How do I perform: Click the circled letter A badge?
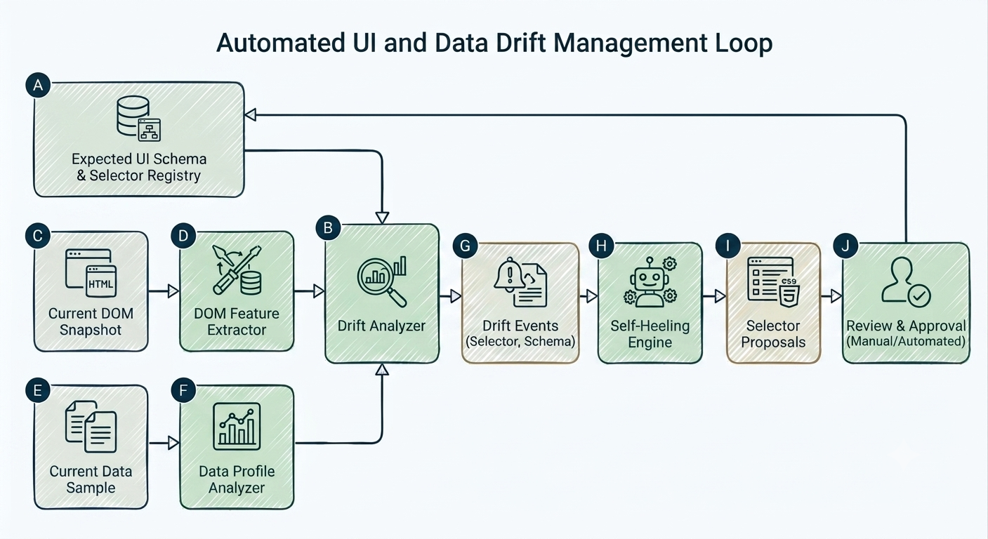[x=38, y=85]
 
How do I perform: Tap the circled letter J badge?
[x=845, y=246]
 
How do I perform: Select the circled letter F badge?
[x=183, y=390]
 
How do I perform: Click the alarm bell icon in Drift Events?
[x=510, y=274]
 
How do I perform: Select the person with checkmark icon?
[x=906, y=282]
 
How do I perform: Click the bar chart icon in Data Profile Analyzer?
[x=237, y=426]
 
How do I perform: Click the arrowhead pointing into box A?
[x=251, y=115]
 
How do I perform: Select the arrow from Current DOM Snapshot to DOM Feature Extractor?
[x=164, y=291]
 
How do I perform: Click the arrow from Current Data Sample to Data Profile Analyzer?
[x=164, y=442]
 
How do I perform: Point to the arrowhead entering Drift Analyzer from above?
[x=382, y=218]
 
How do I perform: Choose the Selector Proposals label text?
[x=773, y=333]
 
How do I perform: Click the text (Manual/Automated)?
[x=906, y=341]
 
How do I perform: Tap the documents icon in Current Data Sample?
[x=91, y=426]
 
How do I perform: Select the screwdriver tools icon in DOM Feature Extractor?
[x=237, y=269]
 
